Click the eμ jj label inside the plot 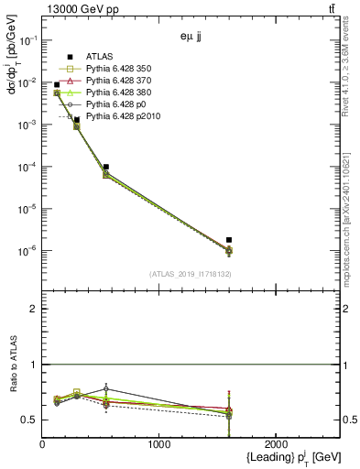pos(192,39)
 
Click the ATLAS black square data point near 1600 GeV pos(229,240)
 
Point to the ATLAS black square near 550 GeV pos(106,167)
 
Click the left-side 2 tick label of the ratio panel pos(34,309)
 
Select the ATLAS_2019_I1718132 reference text pos(191,274)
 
